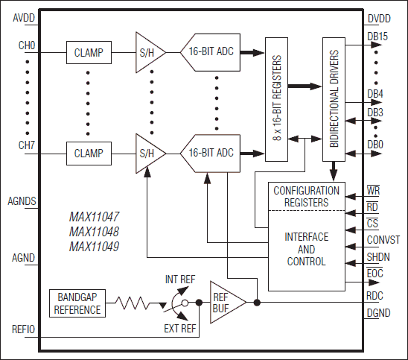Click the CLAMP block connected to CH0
(89, 53)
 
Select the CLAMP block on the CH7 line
(89, 154)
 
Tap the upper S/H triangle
(147, 53)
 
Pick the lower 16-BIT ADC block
(211, 154)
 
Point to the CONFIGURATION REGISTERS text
(306, 195)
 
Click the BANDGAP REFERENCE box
(78, 303)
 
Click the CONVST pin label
(383, 240)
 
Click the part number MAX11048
(93, 232)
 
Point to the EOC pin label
(375, 275)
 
